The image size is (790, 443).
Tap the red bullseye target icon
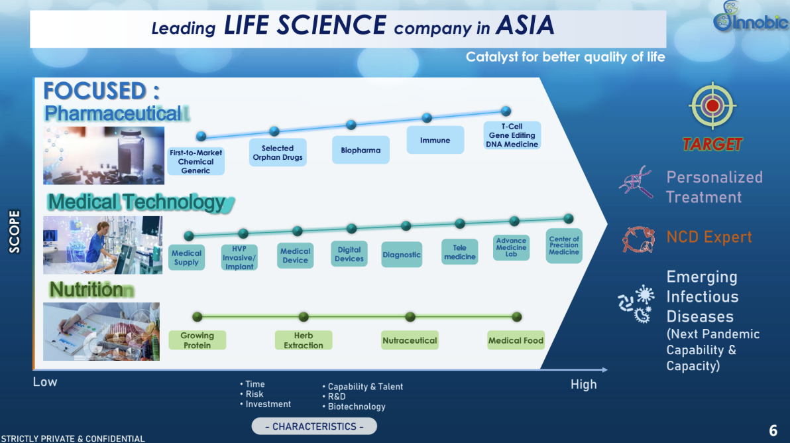[x=712, y=105]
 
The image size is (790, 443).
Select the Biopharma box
[x=361, y=150]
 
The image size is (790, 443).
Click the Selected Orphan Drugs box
[x=278, y=153]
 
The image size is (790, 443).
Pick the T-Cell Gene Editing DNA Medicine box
[x=512, y=135]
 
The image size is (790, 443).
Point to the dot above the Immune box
[x=427, y=118]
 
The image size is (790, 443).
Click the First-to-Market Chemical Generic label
[x=196, y=161]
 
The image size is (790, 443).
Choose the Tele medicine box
[x=460, y=253]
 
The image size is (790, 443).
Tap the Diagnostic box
[x=402, y=255]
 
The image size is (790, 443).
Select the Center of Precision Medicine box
[x=564, y=245]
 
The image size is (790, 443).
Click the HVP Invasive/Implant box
[x=239, y=258]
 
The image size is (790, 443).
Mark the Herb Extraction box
[x=304, y=340]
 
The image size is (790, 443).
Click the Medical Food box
[x=516, y=341]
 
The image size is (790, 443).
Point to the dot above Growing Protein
[x=197, y=317]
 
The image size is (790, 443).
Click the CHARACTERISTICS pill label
[x=314, y=426]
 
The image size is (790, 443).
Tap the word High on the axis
[x=583, y=385]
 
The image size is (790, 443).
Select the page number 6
[x=773, y=431]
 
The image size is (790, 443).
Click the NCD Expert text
[x=709, y=237]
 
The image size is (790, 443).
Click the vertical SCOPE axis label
[x=15, y=231]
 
